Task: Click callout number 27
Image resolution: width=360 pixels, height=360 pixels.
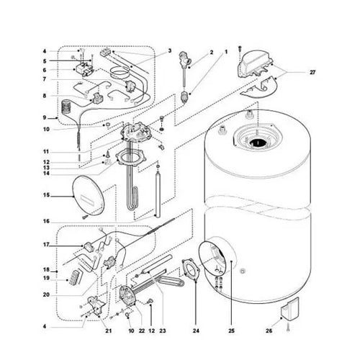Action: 312,72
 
